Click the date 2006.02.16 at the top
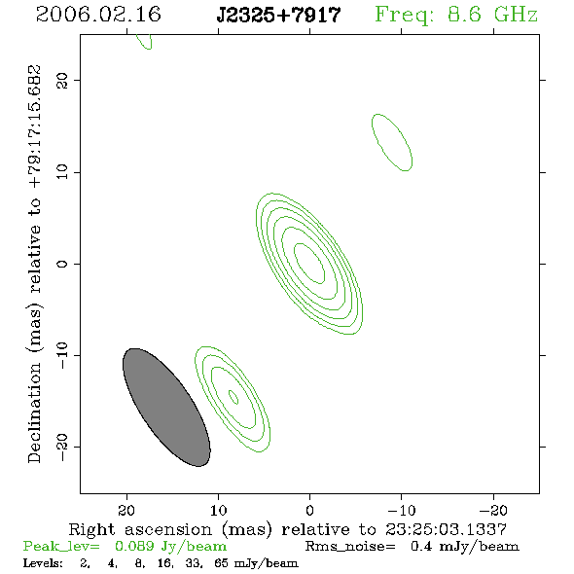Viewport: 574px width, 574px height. (98, 15)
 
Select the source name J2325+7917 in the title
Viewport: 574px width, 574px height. (278, 16)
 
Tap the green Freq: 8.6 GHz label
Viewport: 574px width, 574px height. (456, 15)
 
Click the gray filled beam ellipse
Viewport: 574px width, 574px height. (166, 408)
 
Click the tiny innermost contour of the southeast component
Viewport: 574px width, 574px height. (233, 397)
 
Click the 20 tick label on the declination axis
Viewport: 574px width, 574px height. (62, 81)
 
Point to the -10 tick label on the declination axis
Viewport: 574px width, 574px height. (62, 355)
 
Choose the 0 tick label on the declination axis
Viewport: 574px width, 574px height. (62, 264)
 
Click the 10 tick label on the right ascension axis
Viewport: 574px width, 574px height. (219, 511)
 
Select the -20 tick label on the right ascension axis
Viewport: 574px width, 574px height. (493, 511)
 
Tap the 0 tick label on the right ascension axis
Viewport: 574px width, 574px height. (309, 511)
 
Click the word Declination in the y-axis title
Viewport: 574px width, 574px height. (34, 413)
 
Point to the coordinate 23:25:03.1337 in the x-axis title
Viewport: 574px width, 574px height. (446, 529)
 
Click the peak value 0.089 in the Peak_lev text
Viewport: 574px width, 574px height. (134, 546)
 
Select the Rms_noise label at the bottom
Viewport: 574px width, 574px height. (350, 547)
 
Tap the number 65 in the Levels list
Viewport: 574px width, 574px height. (222, 562)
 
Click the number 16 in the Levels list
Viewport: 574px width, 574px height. (164, 562)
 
